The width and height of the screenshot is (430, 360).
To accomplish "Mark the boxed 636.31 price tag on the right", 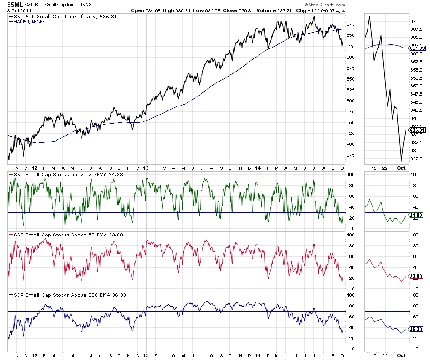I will pos(417,130).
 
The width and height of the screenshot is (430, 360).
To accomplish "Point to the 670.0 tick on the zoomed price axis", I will pos(416,21).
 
